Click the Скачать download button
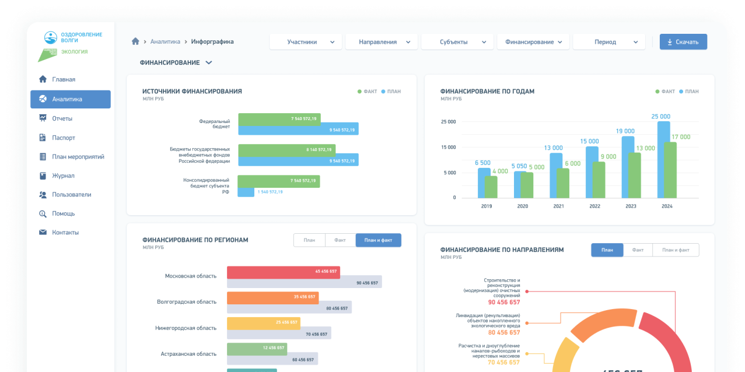(x=683, y=42)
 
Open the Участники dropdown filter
(x=306, y=42)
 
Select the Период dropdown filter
(x=608, y=42)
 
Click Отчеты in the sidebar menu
(x=62, y=118)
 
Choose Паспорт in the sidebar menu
(x=63, y=138)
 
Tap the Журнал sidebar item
(x=63, y=176)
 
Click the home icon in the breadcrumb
(x=135, y=41)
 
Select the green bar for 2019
(x=491, y=187)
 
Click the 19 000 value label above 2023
(x=625, y=131)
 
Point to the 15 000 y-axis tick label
(x=448, y=147)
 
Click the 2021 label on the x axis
(x=558, y=206)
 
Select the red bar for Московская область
(x=283, y=272)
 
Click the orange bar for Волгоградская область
(x=272, y=297)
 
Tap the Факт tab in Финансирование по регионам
(x=340, y=240)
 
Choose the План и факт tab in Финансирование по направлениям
(x=676, y=250)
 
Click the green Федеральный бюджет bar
(x=279, y=119)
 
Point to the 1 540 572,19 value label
(x=270, y=192)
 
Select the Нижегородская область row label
(x=186, y=328)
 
